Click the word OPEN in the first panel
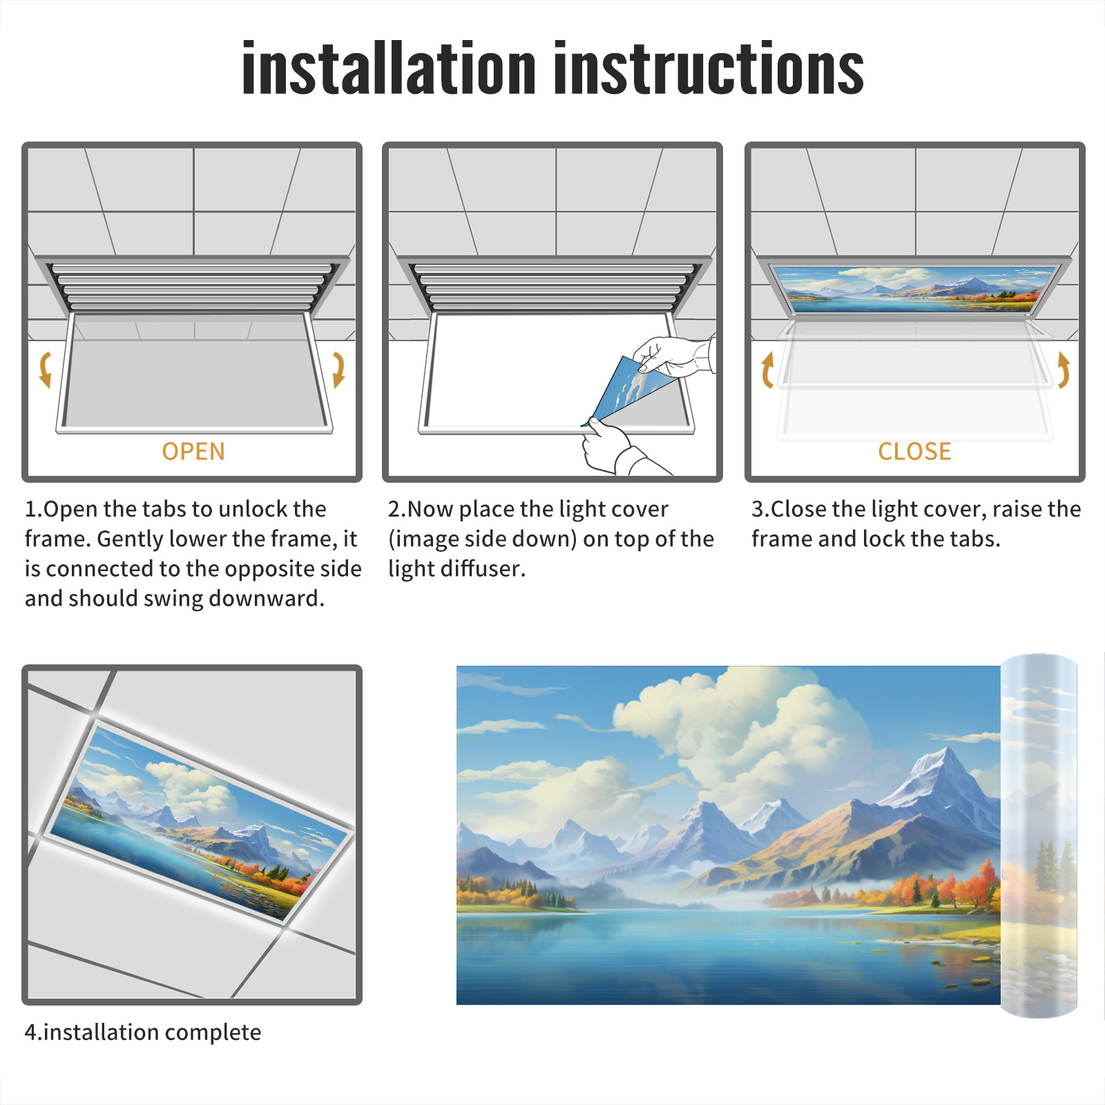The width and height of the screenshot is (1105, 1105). (193, 452)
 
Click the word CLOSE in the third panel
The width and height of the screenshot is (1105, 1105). (914, 452)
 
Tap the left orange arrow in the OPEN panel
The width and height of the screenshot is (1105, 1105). (45, 369)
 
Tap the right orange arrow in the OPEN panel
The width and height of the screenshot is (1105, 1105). (338, 369)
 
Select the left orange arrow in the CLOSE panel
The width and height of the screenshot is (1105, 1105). (767, 369)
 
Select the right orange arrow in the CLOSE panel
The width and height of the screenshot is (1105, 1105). (1064, 369)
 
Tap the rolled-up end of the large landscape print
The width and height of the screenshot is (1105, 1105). (1039, 836)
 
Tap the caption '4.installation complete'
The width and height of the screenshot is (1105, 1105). (143, 1032)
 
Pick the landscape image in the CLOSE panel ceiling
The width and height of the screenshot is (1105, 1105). (915, 288)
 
